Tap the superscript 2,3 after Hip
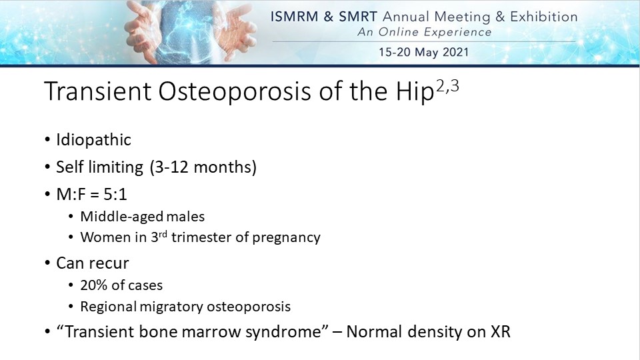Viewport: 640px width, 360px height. pos(447,87)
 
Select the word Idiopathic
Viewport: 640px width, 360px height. pos(93,140)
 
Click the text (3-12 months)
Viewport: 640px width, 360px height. pos(203,167)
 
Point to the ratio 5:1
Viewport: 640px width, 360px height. pos(115,194)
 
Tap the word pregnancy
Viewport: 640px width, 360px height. pos(286,237)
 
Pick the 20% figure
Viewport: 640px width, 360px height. pos(93,285)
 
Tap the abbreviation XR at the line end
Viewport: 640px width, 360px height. pos(501,331)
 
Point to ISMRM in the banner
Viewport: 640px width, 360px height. pos(294,17)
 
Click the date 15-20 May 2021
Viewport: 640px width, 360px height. pos(424,52)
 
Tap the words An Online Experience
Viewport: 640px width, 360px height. pos(425,32)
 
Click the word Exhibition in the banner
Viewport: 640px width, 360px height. pos(544,17)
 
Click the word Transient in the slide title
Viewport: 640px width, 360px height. pos(98,91)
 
